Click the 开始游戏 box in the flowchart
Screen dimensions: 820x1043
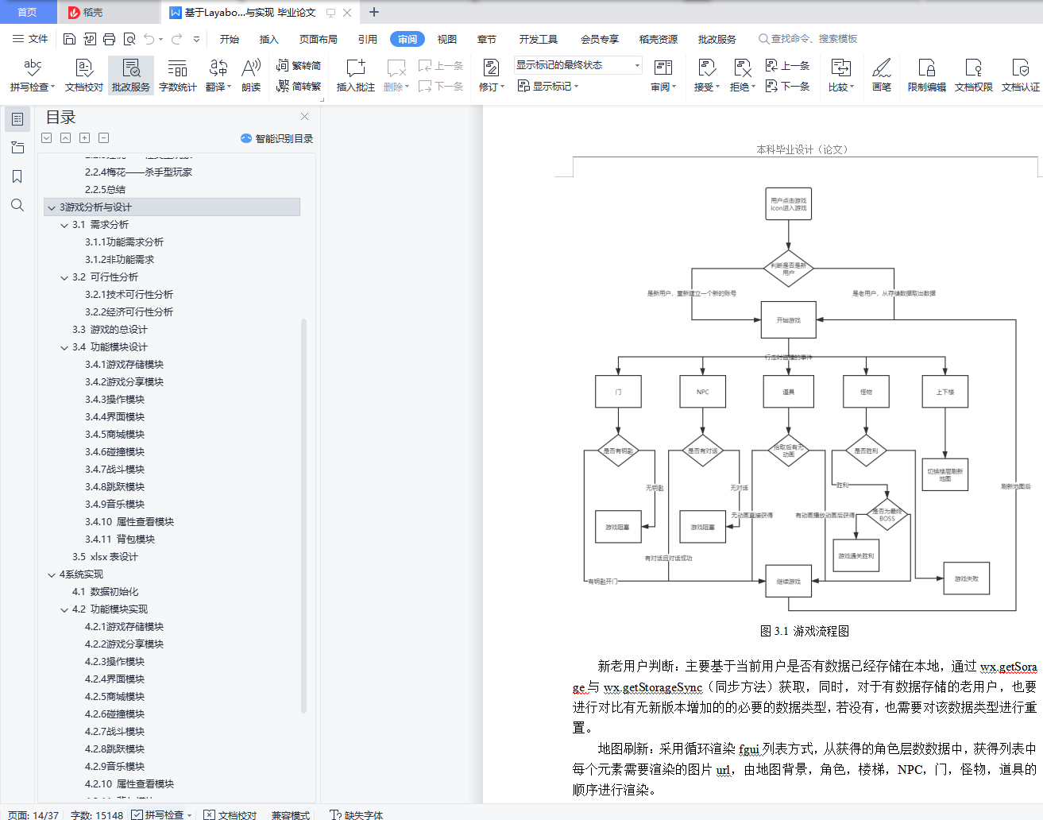(788, 320)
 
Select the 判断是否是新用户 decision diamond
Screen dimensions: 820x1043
(788, 269)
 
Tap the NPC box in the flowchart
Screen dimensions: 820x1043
(702, 392)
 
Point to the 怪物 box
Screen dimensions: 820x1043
(866, 392)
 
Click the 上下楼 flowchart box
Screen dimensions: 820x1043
(944, 392)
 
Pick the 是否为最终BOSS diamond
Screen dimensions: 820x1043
(887, 515)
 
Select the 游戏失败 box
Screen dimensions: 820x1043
(966, 578)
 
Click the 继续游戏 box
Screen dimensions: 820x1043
(788, 582)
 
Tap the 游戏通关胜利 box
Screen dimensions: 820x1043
(856, 556)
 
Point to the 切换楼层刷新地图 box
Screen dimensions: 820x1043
(944, 474)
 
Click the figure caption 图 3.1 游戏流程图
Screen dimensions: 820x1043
(804, 631)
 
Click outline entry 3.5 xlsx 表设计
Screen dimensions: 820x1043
(105, 557)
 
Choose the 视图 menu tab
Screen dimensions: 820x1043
(447, 39)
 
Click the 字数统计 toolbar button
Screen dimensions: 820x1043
(177, 75)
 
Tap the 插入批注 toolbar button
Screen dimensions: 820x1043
(355, 75)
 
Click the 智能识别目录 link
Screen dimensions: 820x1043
(277, 138)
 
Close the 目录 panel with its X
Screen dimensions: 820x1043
(304, 117)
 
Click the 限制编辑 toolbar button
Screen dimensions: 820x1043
(926, 75)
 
